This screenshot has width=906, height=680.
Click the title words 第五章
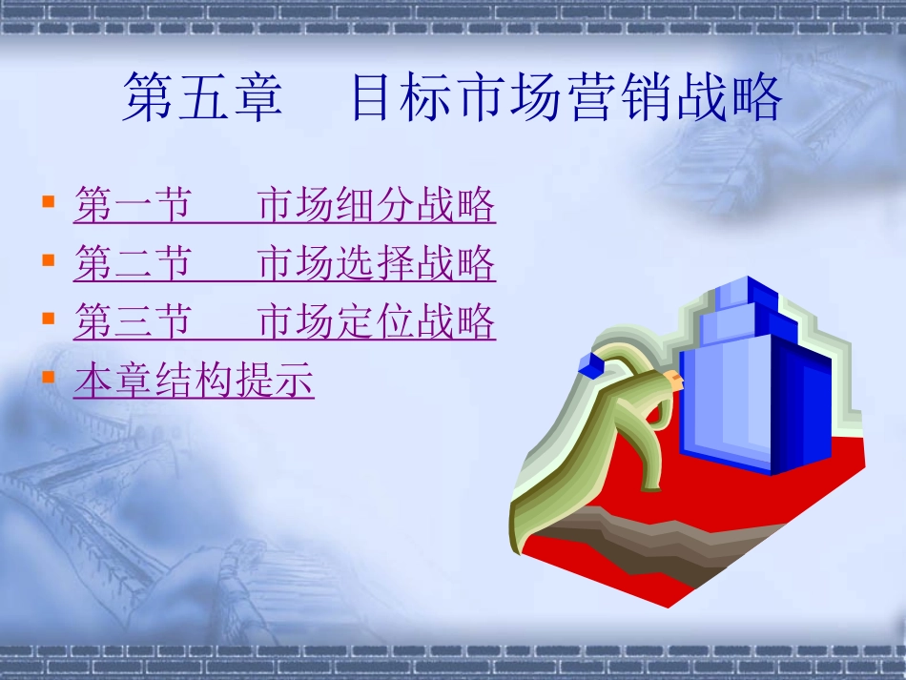[202, 99]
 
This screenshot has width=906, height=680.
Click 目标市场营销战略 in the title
[566, 99]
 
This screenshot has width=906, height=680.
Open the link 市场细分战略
[377, 206]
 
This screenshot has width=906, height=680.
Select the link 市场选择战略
[377, 264]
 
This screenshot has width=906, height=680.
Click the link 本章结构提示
[194, 381]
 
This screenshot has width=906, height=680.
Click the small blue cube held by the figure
[591, 362]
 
